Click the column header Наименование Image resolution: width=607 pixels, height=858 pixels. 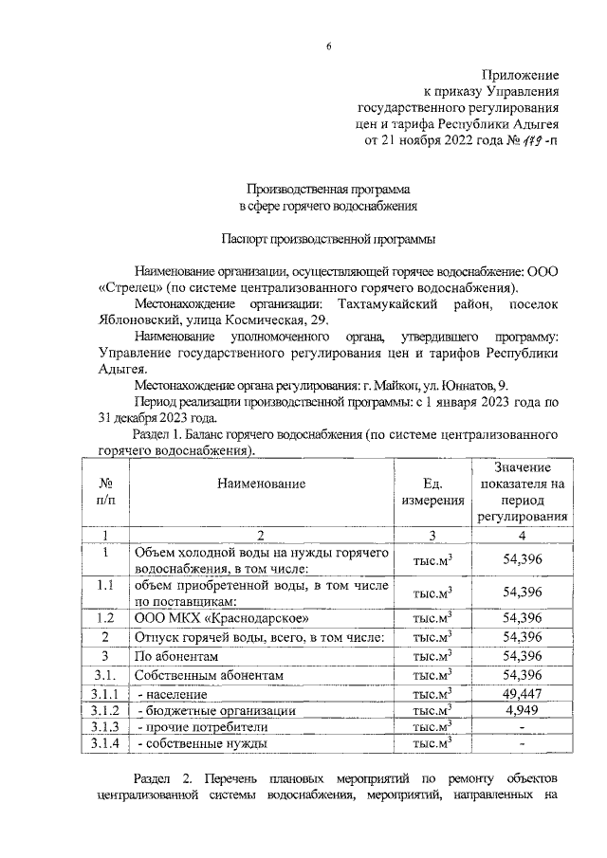tap(261, 484)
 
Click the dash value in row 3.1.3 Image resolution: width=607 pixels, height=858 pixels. tap(523, 727)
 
